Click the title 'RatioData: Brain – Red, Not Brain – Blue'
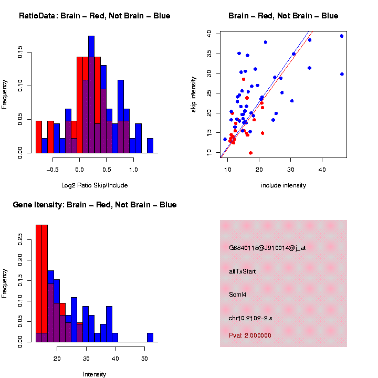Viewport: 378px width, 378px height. tap(94, 16)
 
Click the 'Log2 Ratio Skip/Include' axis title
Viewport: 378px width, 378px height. tap(94, 185)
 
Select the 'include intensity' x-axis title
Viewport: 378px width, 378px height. tap(283, 185)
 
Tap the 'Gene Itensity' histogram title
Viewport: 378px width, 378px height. tap(94, 205)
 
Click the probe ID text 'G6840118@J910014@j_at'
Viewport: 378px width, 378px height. tap(267, 248)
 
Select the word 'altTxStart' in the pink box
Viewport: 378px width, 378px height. tap(242, 271)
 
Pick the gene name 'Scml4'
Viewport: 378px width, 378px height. tap(238, 295)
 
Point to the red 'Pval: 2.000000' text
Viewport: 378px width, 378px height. tap(250, 335)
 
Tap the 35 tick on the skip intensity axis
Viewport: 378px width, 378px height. tap(209, 53)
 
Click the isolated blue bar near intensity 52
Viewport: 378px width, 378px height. tap(150, 338)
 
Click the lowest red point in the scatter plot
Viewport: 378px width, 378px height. tap(250, 153)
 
